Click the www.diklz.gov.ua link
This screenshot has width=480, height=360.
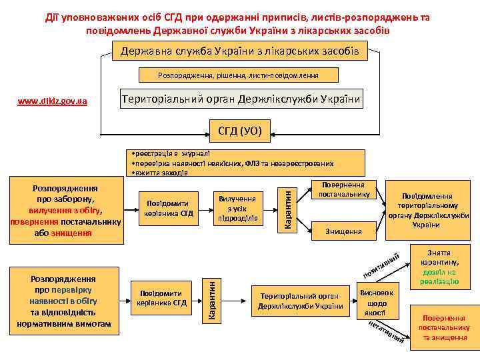[x=51, y=101]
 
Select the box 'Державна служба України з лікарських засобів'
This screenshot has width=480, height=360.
[x=239, y=51]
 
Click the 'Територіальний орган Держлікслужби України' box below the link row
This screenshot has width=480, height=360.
[x=241, y=100]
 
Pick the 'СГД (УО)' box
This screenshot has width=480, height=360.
[x=239, y=131]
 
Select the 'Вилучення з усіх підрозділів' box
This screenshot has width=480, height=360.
[x=237, y=209]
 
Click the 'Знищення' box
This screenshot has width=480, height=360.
[x=344, y=231]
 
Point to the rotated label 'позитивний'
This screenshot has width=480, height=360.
[x=381, y=265]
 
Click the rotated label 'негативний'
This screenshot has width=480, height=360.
[x=385, y=332]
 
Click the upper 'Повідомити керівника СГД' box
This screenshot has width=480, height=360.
[x=166, y=209]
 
